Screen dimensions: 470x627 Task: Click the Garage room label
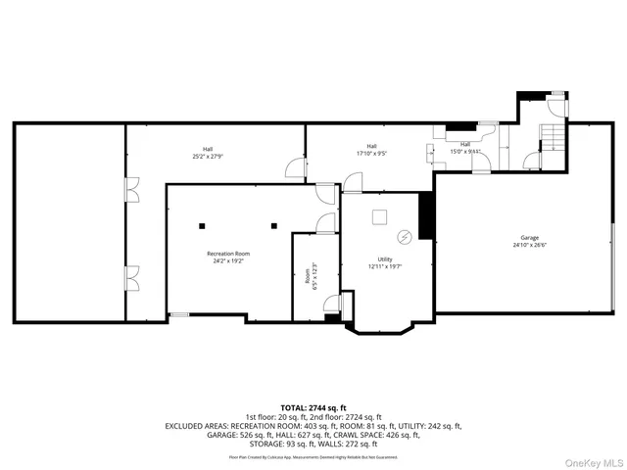pyautogui.click(x=530, y=242)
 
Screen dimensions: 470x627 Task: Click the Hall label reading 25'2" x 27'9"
pyautogui.click(x=207, y=152)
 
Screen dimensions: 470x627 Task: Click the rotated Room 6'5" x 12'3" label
pyautogui.click(x=311, y=277)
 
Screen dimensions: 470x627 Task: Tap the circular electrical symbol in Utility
pyautogui.click(x=403, y=236)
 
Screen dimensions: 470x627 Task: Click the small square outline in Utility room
pyautogui.click(x=380, y=215)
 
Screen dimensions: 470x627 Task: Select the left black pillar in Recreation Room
pyautogui.click(x=202, y=225)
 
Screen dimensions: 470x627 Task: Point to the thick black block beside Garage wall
pyautogui.click(x=426, y=215)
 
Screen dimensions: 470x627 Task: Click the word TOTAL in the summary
pyautogui.click(x=295, y=407)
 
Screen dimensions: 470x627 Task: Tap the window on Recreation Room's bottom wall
pyautogui.click(x=178, y=315)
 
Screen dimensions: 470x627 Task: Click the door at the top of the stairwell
pyautogui.click(x=556, y=107)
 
